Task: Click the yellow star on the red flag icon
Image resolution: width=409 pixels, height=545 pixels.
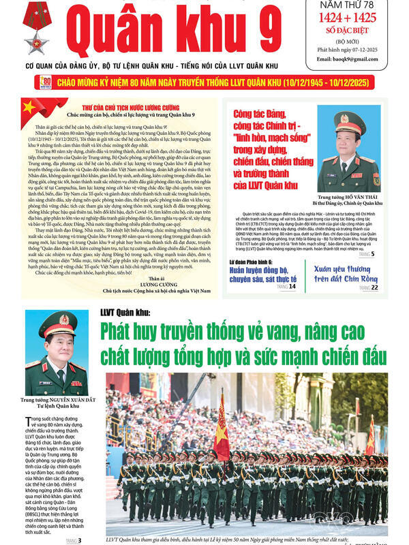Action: point(29,108)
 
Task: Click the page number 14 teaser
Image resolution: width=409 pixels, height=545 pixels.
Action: point(292,287)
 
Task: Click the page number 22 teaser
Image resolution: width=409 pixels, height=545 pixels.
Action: point(375,288)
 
